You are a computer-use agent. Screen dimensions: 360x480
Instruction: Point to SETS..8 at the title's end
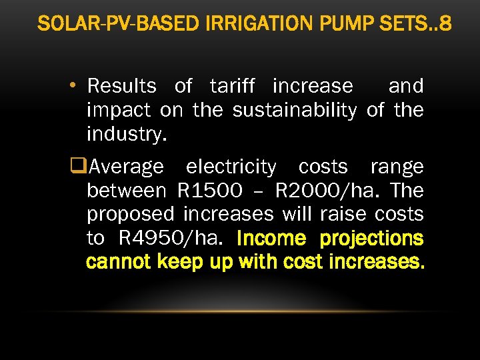point(413,24)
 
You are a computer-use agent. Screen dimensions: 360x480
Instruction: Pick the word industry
point(127,134)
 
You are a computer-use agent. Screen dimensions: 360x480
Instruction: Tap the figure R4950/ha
point(173,238)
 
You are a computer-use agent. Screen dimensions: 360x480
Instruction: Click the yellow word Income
point(270,238)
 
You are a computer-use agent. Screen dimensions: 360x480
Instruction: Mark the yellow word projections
point(371,238)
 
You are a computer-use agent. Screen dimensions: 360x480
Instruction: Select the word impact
point(119,110)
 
